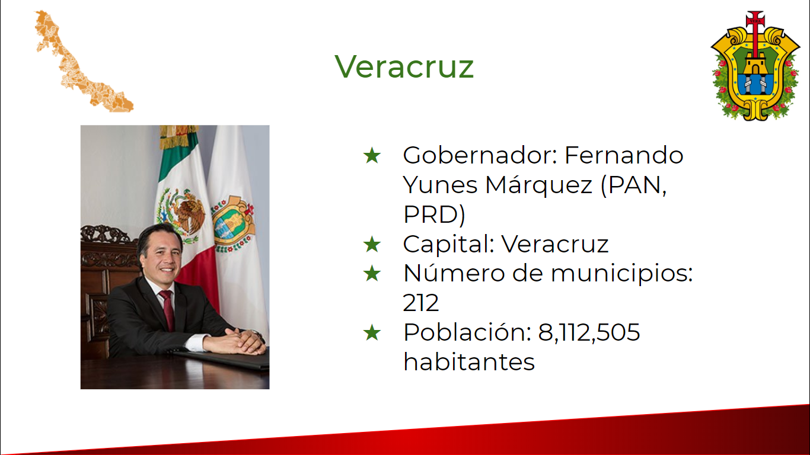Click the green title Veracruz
[x=404, y=66]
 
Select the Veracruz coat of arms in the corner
[x=755, y=66]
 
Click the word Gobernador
[x=480, y=155]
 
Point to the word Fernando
[x=624, y=155]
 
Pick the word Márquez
[x=539, y=185]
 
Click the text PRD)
[x=434, y=215]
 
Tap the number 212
[x=420, y=303]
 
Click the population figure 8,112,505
[x=589, y=332]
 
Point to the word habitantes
[x=469, y=362]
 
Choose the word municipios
[x=621, y=274]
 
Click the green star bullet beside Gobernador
[x=372, y=156]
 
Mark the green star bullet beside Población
[x=372, y=333]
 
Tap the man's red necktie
[x=167, y=309]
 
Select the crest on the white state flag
[x=233, y=224]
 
